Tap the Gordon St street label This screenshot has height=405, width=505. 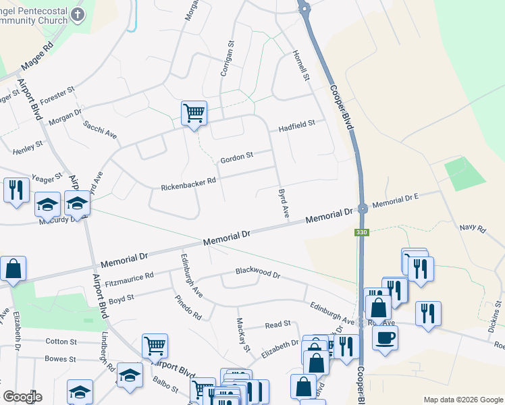pyautogui.click(x=236, y=157)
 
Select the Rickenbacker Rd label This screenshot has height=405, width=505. pyautogui.click(x=188, y=182)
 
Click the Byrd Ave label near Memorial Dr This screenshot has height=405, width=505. pyautogui.click(x=284, y=203)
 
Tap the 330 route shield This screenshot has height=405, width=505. pyautogui.click(x=362, y=232)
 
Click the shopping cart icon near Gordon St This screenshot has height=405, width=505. pyautogui.click(x=194, y=113)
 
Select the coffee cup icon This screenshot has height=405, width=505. pyautogui.click(x=385, y=336)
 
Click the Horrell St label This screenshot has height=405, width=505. pyautogui.click(x=300, y=65)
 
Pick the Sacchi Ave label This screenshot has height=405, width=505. pyautogui.click(x=100, y=130)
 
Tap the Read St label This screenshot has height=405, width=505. pyautogui.click(x=277, y=325)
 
